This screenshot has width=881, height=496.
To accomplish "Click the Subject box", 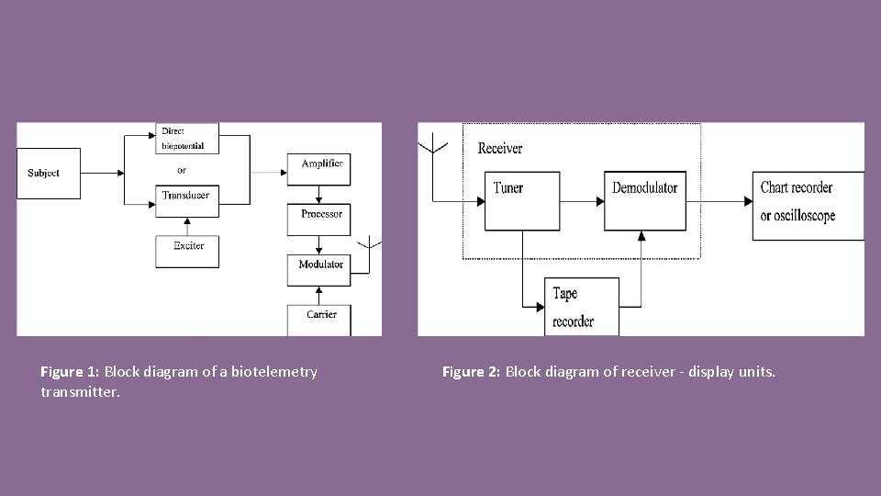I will pos(49,174).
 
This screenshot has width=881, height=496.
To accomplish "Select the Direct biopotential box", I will pos(187,139).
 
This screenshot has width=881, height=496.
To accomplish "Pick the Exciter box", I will pos(187,250).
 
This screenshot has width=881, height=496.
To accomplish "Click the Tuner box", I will pos(522,200).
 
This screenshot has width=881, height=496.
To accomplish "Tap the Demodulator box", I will pos(645,200).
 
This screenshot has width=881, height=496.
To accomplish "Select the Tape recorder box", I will pos(582,307).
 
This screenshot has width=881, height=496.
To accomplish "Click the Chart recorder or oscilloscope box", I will pos(807,205).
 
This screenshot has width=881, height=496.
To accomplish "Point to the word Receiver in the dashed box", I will pos(500,148).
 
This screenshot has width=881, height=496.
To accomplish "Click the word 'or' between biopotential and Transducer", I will pos(182,170).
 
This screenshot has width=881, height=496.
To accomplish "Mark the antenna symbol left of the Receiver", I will pos(432,147).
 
